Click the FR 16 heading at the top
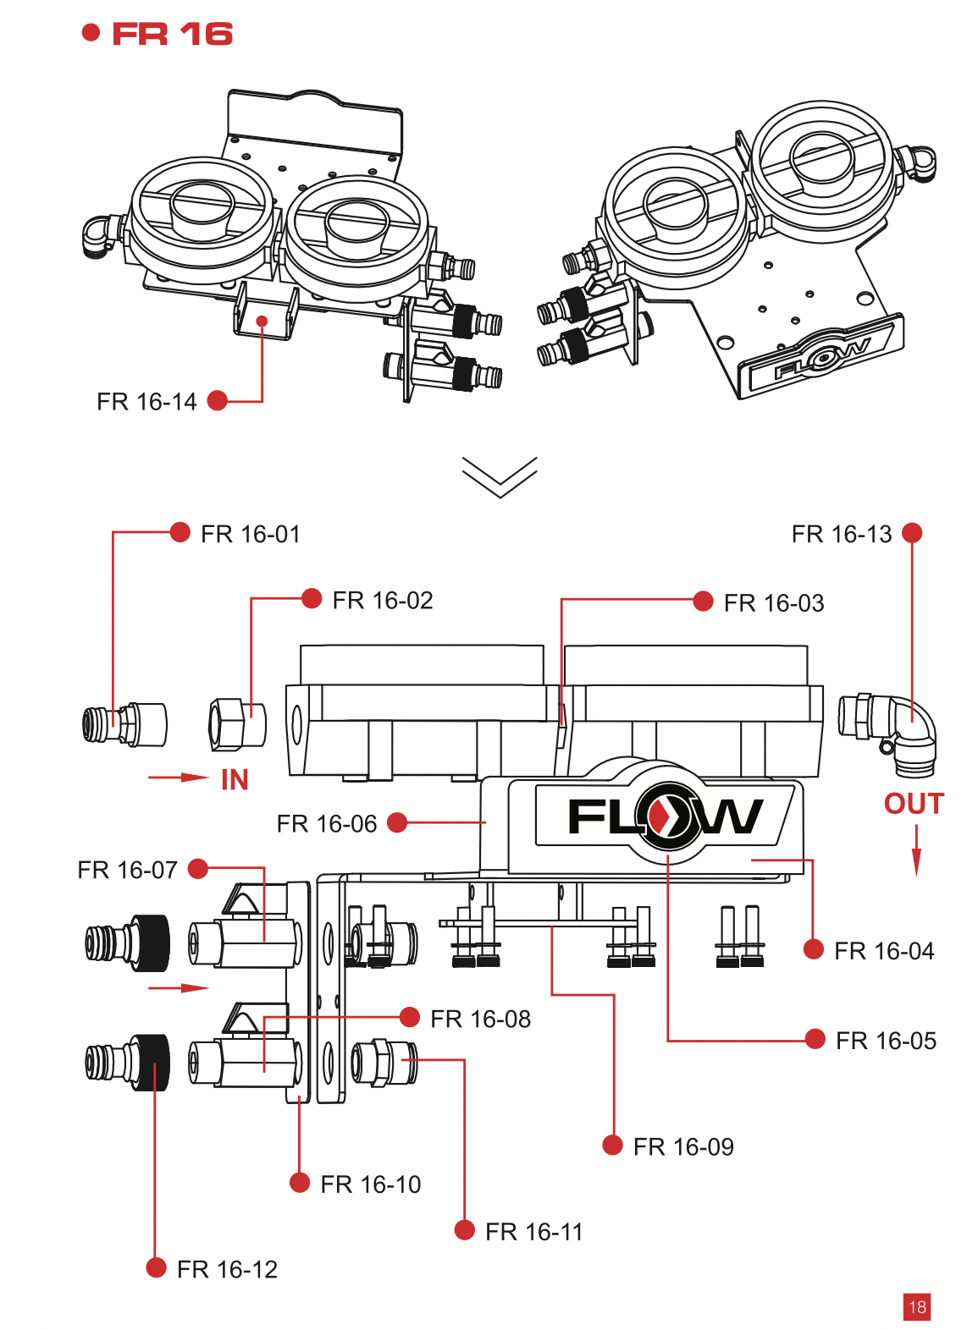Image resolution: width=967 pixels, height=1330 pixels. point(172,34)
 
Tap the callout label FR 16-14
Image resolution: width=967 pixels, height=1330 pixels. point(146,402)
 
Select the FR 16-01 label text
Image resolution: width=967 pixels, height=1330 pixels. point(251,535)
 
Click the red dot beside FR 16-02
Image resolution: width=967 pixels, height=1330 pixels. point(312,599)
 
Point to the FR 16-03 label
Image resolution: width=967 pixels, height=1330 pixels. point(774,603)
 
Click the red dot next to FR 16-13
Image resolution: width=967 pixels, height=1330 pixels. point(912,533)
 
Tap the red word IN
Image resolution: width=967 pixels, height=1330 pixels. point(235,780)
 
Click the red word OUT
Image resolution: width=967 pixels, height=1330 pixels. point(914,804)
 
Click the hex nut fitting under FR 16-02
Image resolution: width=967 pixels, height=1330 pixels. point(236,724)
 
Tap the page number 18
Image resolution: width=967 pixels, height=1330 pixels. point(917,1307)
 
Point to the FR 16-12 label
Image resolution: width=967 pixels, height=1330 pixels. point(227,1270)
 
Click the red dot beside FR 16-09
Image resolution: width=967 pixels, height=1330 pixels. point(612,1146)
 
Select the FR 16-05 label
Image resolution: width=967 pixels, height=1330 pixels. point(886,1041)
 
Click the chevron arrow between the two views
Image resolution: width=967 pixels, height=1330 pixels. point(500,476)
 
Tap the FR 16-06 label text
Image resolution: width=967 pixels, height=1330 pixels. point(327,824)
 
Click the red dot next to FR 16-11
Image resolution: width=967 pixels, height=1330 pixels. point(464,1230)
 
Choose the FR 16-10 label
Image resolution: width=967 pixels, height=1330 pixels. point(371,1184)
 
